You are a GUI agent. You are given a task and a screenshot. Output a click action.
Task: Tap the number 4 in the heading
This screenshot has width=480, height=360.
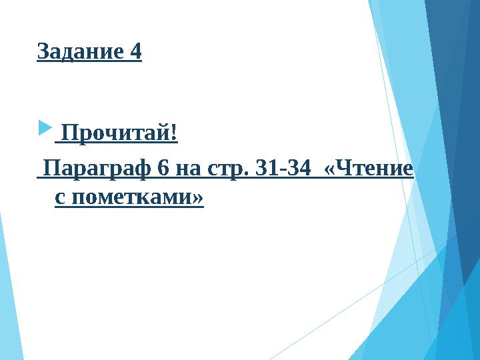click(x=135, y=51)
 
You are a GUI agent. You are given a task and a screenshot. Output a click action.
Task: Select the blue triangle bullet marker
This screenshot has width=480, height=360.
click(x=44, y=125)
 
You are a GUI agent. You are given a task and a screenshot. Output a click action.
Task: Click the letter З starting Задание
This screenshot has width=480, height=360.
click(x=43, y=51)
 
